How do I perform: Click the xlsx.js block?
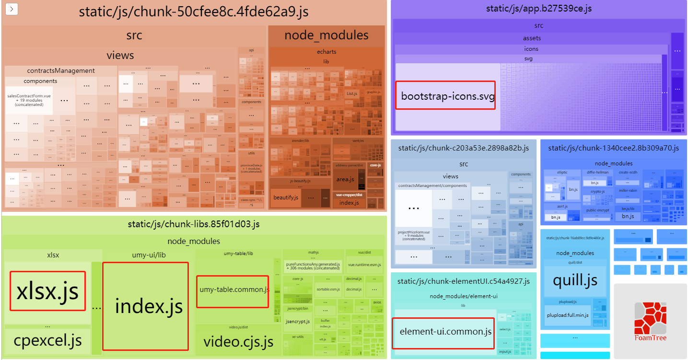[48, 291]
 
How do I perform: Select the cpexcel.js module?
[47, 341]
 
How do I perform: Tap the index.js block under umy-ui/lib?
[145, 306]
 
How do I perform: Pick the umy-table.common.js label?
[233, 290]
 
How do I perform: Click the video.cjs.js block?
[238, 342]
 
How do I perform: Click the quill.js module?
[575, 279]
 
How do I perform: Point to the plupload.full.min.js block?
[568, 315]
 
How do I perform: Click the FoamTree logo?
[650, 321]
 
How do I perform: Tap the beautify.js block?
[286, 197]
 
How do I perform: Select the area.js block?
[345, 179]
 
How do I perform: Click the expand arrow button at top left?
[12, 9]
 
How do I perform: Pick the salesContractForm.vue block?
[29, 100]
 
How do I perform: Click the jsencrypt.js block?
[297, 321]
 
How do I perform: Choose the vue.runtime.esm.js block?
[364, 265]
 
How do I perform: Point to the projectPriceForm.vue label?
[413, 235]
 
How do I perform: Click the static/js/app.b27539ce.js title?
[538, 8]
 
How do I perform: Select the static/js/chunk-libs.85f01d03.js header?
[194, 223]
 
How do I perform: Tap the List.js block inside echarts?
[352, 93]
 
